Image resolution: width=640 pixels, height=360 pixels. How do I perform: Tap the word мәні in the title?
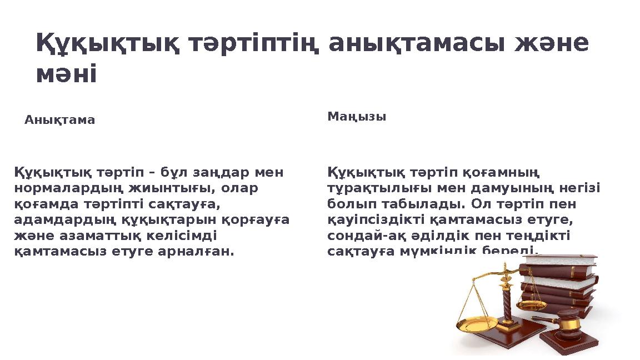tap(66, 74)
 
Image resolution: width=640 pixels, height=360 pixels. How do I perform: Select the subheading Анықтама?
tap(59, 120)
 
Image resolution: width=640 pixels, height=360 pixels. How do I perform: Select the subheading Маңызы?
tap(357, 117)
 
